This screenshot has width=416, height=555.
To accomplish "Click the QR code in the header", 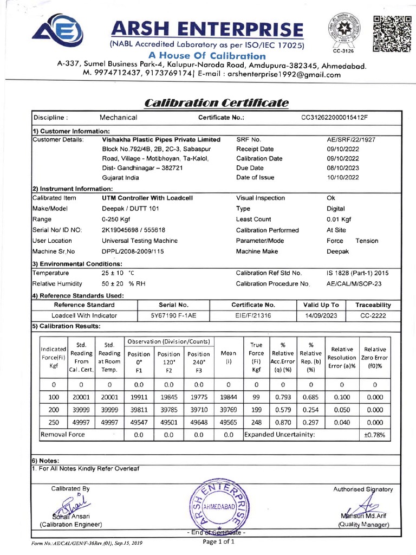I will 392,34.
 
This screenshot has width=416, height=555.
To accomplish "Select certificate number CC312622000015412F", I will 334,118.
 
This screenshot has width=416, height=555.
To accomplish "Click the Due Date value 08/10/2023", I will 342,168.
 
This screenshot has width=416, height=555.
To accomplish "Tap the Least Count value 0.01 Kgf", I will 339,219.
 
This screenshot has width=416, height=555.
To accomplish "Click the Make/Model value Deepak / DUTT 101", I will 131,209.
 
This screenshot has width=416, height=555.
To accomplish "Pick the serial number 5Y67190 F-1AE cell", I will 173,315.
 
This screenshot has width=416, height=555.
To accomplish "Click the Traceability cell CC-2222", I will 373,315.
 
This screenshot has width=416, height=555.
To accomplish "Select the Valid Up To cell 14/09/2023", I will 321,315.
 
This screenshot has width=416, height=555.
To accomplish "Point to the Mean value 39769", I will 228,410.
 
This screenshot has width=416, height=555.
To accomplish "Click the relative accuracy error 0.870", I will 283,422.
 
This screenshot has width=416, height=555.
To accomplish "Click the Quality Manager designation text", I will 363,525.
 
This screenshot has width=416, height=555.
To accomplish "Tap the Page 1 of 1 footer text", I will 218,541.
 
